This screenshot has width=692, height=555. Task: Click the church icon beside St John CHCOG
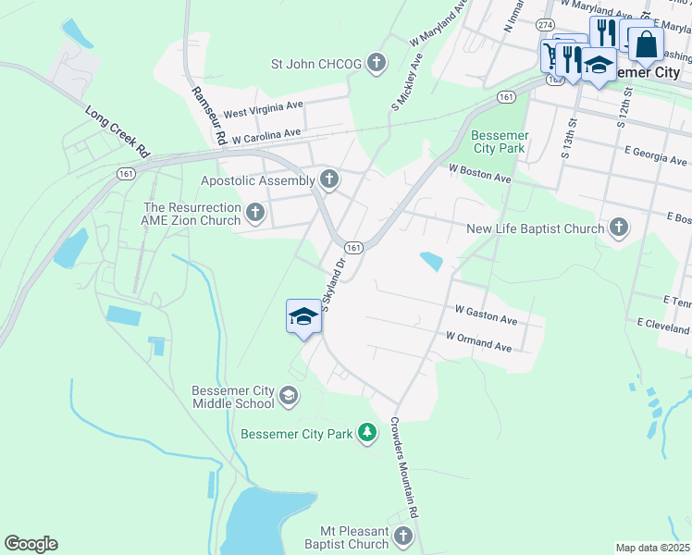click(x=376, y=64)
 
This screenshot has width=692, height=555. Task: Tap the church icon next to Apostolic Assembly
click(x=328, y=179)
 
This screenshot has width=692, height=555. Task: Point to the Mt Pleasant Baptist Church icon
click(x=402, y=536)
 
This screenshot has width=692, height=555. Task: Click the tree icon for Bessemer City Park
click(x=367, y=432)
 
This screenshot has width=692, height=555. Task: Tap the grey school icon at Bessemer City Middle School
click(x=289, y=396)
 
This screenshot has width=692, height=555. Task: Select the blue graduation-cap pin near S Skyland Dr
click(x=303, y=317)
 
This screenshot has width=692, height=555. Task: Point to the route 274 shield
click(x=545, y=24)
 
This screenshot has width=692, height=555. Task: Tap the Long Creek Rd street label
click(x=117, y=129)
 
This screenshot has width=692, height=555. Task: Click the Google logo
click(x=31, y=543)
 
